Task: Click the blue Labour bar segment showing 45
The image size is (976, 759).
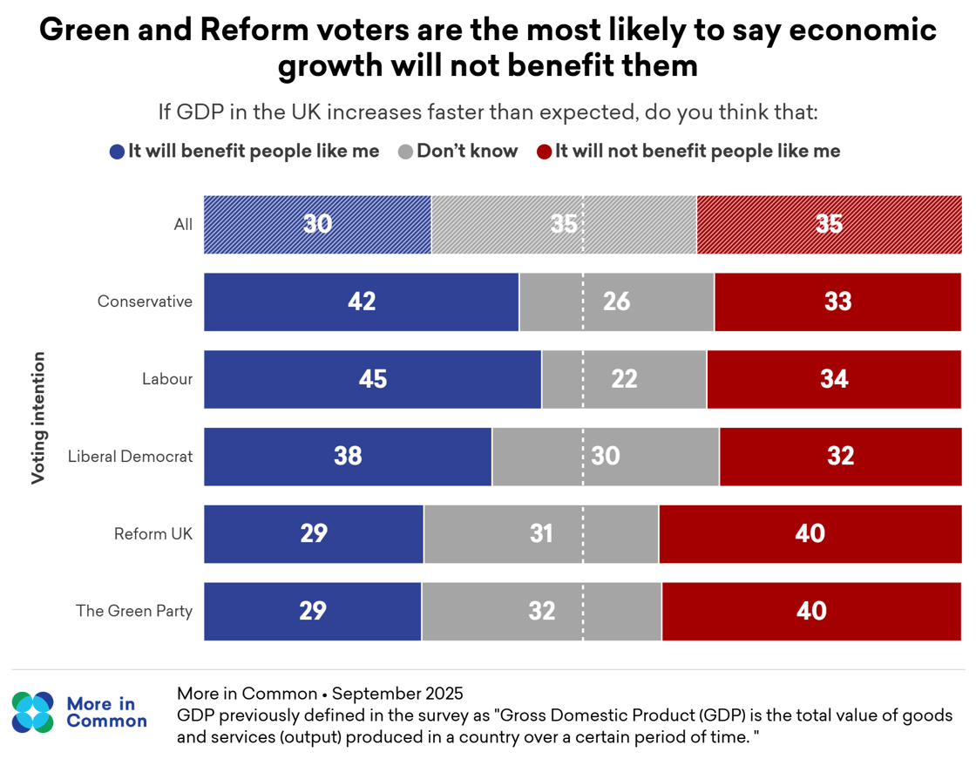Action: tap(372, 379)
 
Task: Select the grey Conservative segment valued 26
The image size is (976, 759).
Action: tap(616, 302)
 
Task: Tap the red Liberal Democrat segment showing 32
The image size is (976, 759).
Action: tap(840, 456)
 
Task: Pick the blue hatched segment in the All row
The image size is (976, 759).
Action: tap(317, 225)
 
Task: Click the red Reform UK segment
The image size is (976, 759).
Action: tap(810, 533)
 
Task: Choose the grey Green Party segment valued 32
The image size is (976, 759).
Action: tap(541, 611)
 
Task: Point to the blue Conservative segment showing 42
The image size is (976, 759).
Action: tap(361, 302)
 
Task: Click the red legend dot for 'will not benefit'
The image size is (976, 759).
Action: tap(544, 152)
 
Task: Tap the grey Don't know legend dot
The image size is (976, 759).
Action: tap(405, 152)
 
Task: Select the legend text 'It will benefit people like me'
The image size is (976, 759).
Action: tap(254, 151)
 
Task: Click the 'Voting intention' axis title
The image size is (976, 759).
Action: tap(38, 417)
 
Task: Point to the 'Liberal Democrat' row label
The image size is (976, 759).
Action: tap(130, 456)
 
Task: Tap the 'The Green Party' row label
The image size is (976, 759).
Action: tap(134, 611)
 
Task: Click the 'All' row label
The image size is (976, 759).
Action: tap(183, 225)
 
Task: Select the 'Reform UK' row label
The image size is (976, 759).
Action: tap(153, 533)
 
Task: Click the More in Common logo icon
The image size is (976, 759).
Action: tap(33, 712)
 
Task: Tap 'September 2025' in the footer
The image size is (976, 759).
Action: tap(397, 694)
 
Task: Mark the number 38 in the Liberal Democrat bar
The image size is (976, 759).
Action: tap(348, 456)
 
